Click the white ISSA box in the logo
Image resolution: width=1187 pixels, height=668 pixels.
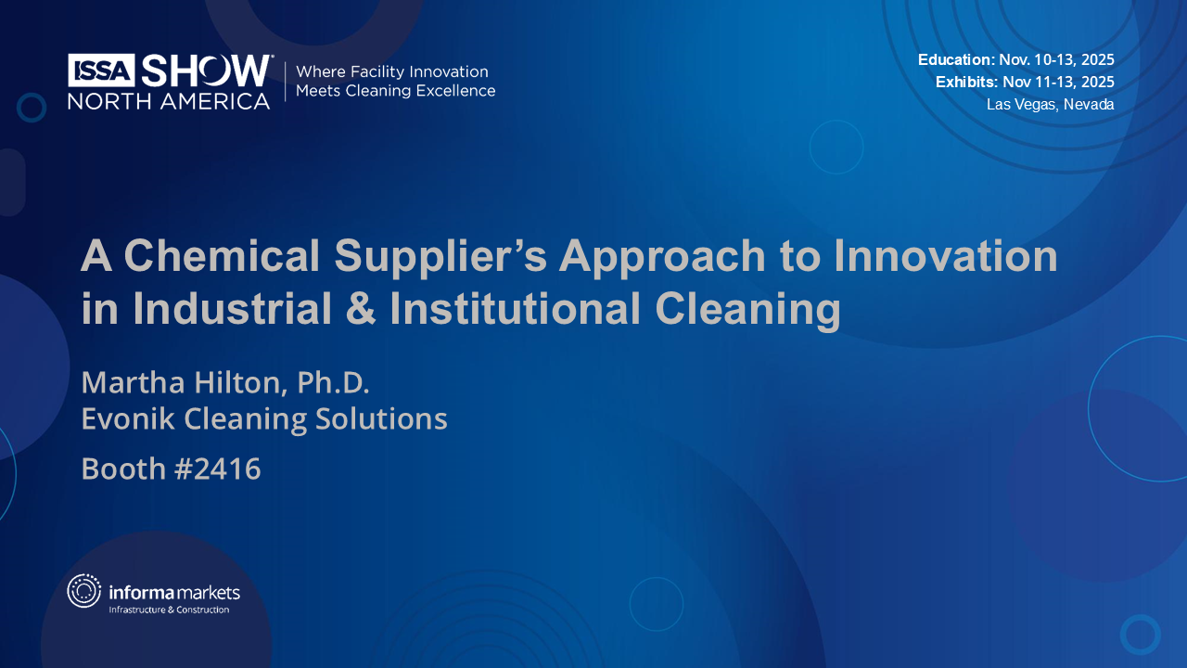coord(102,71)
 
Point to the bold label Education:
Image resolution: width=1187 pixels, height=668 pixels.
coord(956,59)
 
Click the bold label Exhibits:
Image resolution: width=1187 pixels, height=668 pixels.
coord(966,82)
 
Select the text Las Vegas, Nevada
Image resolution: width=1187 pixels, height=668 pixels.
coord(1050,105)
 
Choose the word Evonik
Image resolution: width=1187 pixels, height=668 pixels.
coord(127,419)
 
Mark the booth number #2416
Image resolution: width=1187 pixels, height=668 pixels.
coord(217,469)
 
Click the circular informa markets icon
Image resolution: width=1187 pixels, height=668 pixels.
coord(83,591)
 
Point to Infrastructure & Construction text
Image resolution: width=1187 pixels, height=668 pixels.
coord(169,610)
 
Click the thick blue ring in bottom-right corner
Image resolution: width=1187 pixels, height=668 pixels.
coord(1140,635)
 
